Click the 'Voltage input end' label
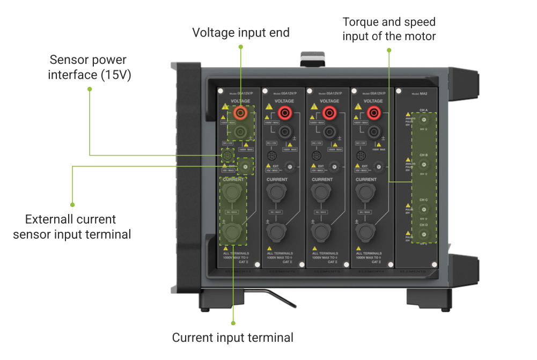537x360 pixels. tap(241, 33)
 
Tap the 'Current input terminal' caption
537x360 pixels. tap(233, 337)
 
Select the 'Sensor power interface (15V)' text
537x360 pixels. tap(90, 67)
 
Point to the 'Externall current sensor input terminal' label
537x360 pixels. tap(72, 226)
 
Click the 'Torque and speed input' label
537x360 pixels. tap(389, 29)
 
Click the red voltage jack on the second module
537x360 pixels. tap(285, 113)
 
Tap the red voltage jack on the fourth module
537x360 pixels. tap(374, 113)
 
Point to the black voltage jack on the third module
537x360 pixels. tap(329, 130)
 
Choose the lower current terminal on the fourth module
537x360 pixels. tap(365, 232)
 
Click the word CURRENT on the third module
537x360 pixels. tap(322, 179)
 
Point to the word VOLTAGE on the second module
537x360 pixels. tap(284, 101)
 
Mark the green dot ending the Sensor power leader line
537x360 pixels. tap(90, 89)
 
